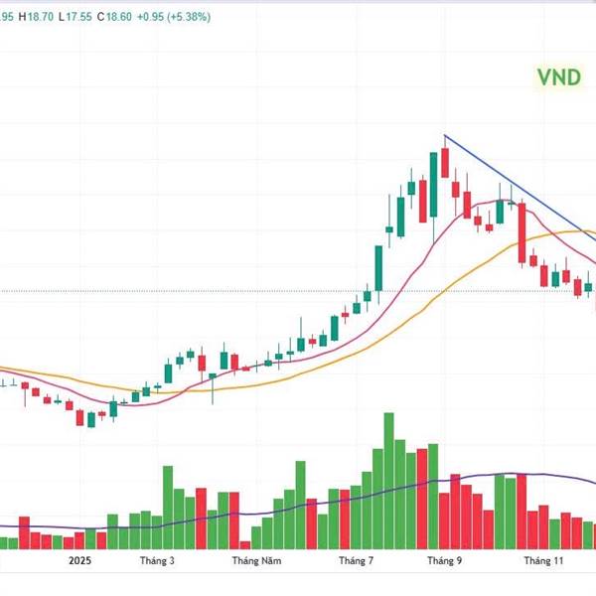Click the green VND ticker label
[x=558, y=77]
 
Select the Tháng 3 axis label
[x=157, y=561]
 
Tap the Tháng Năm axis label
[x=250, y=561]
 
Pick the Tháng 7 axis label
[x=356, y=561]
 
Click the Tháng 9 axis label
[x=445, y=561]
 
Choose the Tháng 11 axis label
[x=543, y=561]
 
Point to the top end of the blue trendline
[x=445, y=135]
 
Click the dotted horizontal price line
[x=199, y=291]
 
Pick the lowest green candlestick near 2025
[x=91, y=420]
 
